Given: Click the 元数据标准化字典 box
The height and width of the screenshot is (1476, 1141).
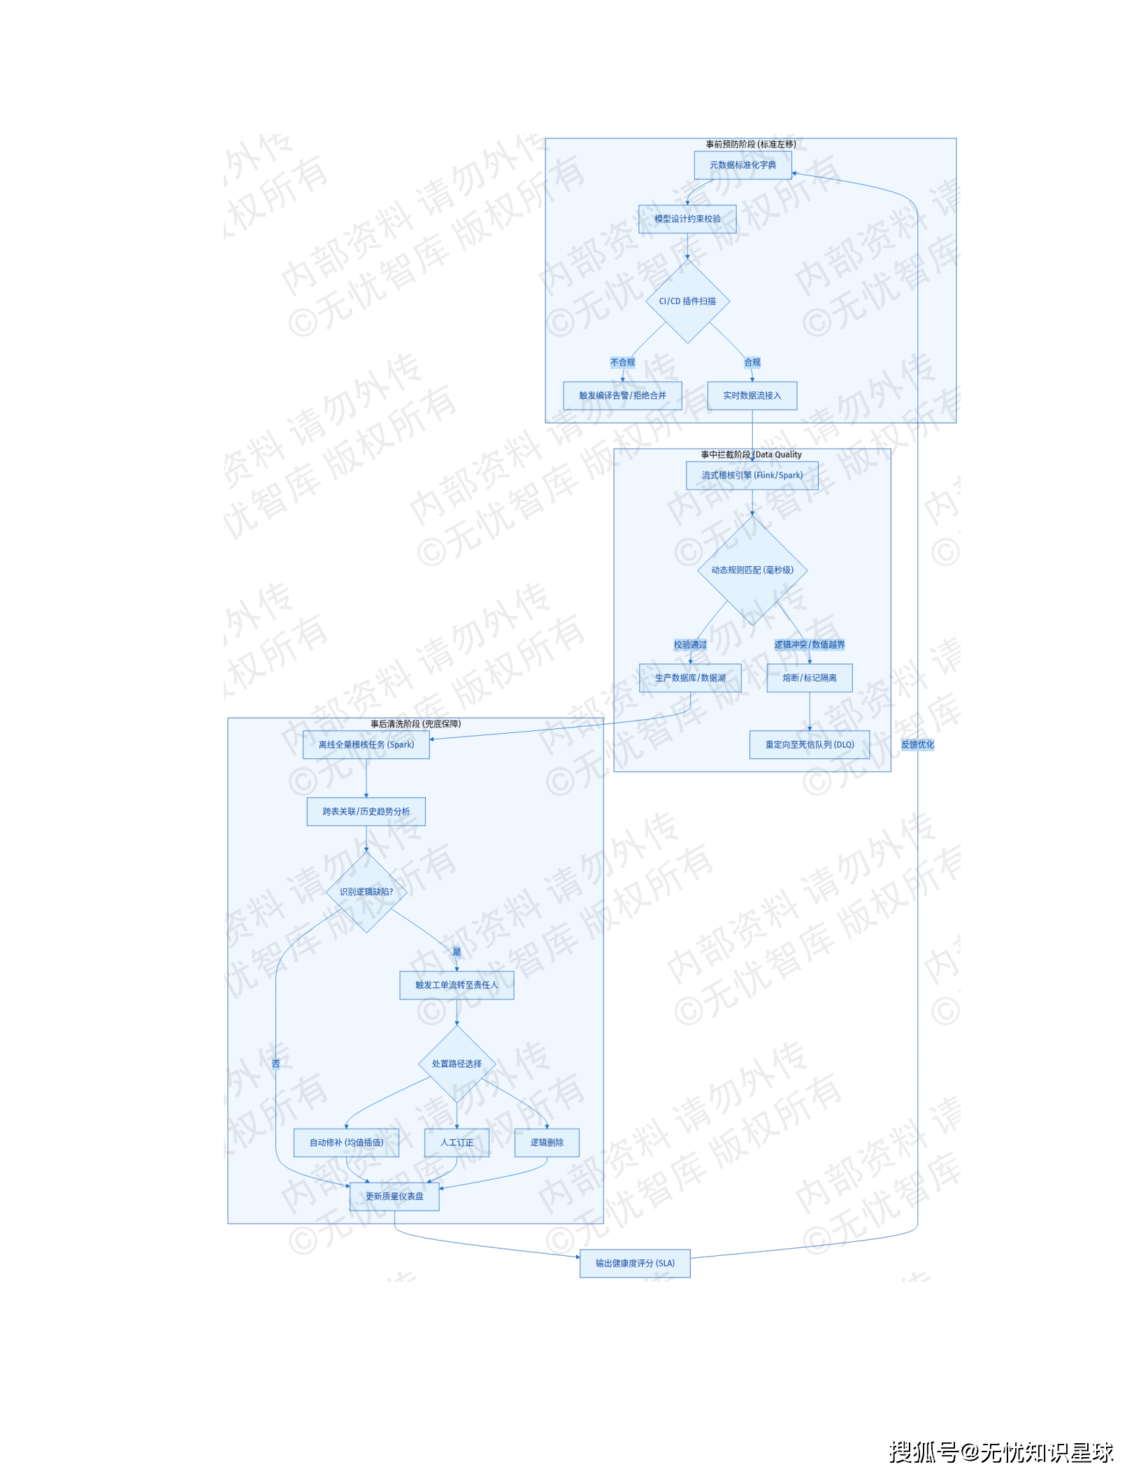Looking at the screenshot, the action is click(x=742, y=165).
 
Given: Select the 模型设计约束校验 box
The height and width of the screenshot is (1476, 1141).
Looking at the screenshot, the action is click(x=687, y=219).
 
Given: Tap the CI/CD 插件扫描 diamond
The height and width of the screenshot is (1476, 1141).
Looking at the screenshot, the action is click(x=687, y=301).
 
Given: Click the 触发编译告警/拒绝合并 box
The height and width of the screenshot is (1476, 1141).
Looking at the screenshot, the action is click(x=622, y=396).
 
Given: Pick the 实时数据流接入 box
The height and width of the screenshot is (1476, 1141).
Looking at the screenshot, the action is click(x=752, y=396).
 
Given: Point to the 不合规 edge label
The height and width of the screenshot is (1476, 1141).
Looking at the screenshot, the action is click(x=622, y=363).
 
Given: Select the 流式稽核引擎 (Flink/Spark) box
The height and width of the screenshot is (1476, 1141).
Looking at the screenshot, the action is click(x=752, y=475).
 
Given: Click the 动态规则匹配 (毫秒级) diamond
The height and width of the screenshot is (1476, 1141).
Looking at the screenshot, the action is click(x=752, y=570).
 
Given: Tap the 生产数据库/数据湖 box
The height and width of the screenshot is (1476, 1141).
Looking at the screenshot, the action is click(x=690, y=678).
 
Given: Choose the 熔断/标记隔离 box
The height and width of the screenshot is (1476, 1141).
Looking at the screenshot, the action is click(x=809, y=678).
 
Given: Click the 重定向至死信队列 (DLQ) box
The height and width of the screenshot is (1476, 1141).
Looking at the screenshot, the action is click(x=809, y=745).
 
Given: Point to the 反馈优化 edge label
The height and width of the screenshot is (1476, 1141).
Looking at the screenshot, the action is click(x=917, y=745).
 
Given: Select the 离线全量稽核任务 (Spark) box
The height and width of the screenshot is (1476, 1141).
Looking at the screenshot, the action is click(x=366, y=745).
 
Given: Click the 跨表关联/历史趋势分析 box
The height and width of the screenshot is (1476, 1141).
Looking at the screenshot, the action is click(x=366, y=812).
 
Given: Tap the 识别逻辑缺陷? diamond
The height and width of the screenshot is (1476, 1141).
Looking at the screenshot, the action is click(x=366, y=892).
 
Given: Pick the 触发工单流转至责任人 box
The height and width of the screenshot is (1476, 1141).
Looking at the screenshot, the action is click(x=457, y=985).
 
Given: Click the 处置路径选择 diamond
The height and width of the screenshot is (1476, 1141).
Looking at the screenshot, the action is click(x=457, y=1064).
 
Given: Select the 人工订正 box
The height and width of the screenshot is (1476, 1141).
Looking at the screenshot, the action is click(x=457, y=1143).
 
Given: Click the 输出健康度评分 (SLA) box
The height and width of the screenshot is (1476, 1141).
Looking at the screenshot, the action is click(x=635, y=1264).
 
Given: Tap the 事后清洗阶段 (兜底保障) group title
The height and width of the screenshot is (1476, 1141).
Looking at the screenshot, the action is click(x=415, y=724).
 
